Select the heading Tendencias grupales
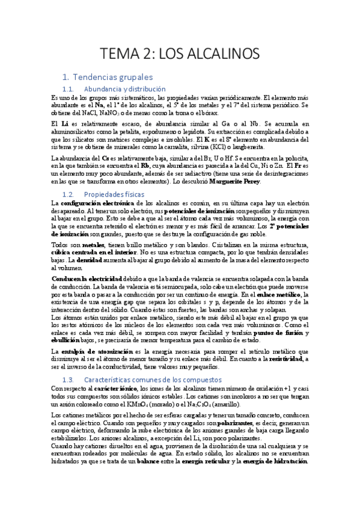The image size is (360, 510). point(112,77)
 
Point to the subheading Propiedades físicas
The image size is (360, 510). point(115,194)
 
